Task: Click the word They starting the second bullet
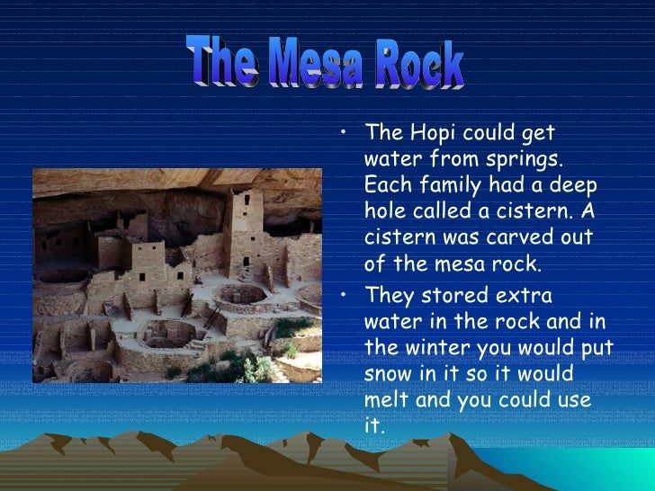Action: tap(390, 296)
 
